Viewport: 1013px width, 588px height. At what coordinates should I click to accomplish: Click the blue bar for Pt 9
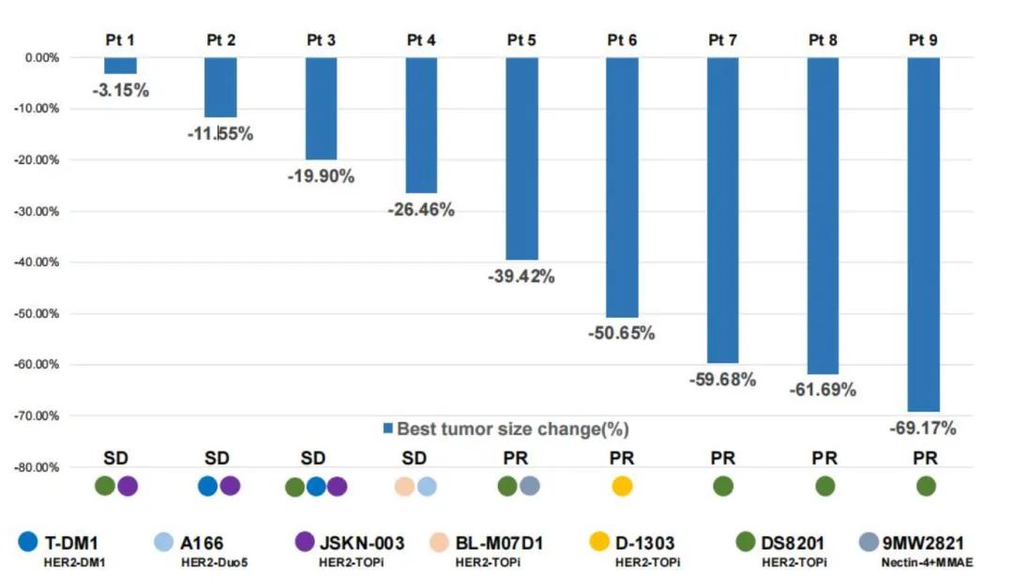(x=923, y=234)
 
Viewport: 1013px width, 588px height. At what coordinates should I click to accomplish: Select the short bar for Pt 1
(x=120, y=66)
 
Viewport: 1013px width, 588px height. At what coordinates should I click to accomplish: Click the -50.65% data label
(x=622, y=333)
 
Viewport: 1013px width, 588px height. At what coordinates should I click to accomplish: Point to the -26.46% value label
(x=421, y=210)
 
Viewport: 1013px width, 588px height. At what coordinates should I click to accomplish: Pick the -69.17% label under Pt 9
(x=923, y=429)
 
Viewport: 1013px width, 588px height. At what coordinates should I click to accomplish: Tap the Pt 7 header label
(x=722, y=40)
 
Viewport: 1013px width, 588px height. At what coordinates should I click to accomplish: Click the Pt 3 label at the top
(x=321, y=40)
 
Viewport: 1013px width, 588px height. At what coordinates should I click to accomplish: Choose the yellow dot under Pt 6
(x=622, y=486)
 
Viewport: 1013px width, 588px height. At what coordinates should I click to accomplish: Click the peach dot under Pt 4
(x=404, y=486)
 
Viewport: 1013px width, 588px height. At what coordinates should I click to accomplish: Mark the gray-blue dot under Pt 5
(x=530, y=486)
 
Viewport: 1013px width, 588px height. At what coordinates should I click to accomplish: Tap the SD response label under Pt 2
(x=218, y=459)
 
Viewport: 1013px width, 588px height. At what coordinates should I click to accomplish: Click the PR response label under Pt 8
(x=824, y=459)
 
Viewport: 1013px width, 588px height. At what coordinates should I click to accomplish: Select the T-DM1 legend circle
(x=28, y=542)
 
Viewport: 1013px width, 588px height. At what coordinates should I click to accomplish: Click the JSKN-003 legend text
(x=363, y=543)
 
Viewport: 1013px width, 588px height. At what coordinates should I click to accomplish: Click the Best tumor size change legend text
(x=512, y=430)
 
